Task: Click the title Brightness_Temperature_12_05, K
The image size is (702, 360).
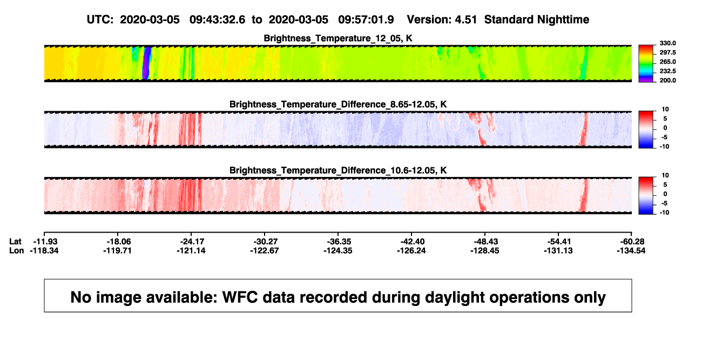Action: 338,38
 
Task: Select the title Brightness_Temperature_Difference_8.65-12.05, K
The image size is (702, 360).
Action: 338,104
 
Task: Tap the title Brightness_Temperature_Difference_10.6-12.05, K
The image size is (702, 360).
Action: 338,171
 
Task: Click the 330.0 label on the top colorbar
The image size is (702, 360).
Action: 667,43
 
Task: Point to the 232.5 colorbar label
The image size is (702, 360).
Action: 667,71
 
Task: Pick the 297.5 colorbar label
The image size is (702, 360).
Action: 667,52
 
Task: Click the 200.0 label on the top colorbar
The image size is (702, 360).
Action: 667,80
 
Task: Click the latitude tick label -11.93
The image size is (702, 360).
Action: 45,242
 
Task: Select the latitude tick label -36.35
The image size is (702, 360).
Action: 339,242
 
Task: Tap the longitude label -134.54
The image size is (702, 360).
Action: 631,250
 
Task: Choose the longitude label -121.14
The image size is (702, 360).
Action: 191,250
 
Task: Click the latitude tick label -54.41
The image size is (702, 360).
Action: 559,242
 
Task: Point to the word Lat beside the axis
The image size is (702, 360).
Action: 15,242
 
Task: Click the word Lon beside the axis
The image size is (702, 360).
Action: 16,250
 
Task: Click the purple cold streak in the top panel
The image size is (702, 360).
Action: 146,63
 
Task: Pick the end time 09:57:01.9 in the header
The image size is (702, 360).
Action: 366,19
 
